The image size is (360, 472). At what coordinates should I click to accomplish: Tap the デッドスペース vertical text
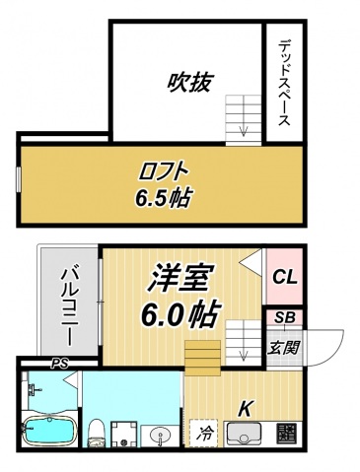pos(282,82)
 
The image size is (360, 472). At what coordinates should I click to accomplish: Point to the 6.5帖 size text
pos(163,196)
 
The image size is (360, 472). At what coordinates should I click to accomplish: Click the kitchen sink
pos(244,432)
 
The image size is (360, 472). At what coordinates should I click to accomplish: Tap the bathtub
pos(47,432)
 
